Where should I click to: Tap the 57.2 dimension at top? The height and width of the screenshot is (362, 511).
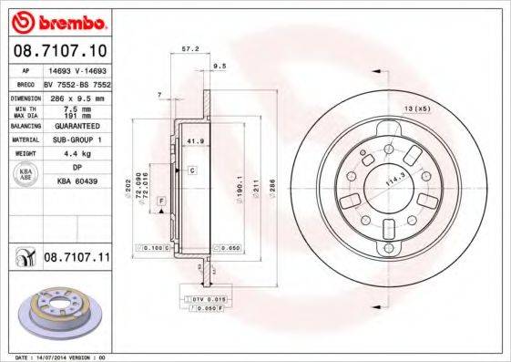click(x=190, y=49)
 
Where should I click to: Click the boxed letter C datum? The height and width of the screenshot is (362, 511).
click(x=193, y=171)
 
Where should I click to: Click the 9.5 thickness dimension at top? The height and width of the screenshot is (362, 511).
click(x=220, y=67)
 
